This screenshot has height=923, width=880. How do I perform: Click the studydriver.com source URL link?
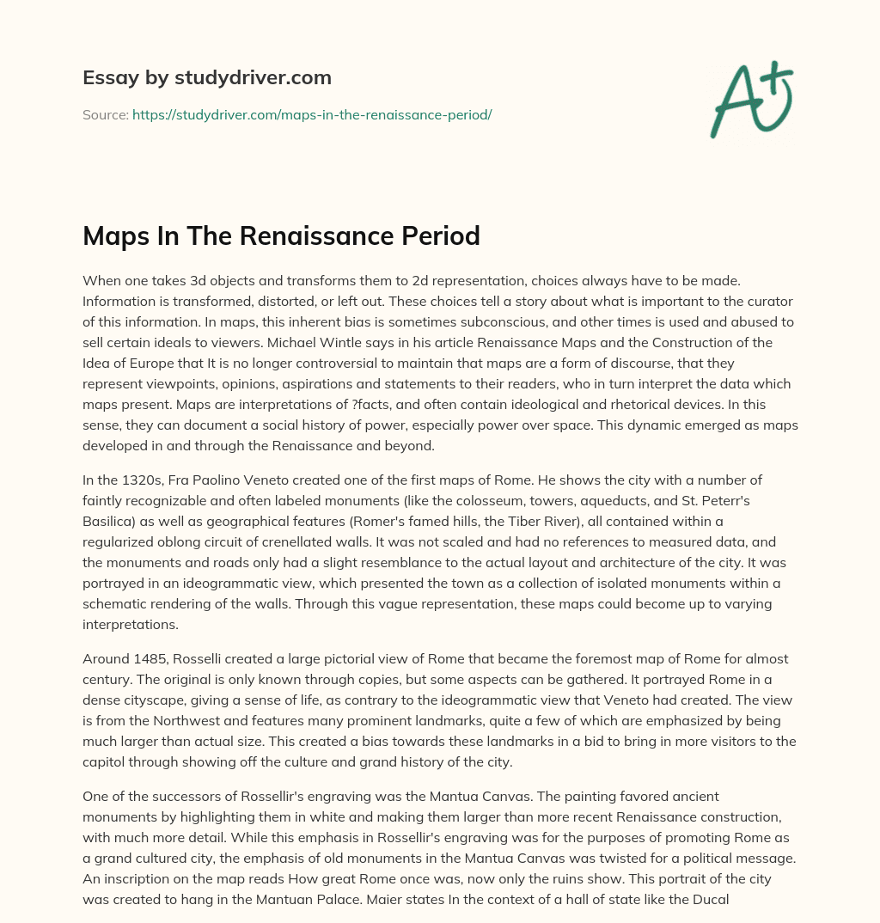[x=311, y=114]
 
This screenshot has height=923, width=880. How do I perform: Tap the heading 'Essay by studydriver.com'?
[x=206, y=77]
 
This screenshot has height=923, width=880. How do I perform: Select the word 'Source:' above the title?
[x=105, y=114]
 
